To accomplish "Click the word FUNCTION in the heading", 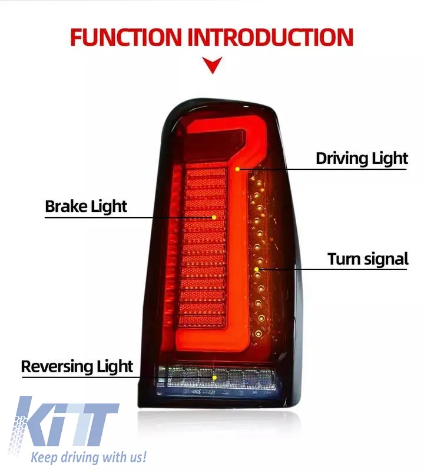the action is click(125, 37).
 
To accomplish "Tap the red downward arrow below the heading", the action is click(213, 65).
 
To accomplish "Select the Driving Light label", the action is click(362, 159).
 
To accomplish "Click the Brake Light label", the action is click(86, 207).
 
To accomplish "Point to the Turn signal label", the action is click(368, 260).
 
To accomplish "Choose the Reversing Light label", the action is click(77, 367).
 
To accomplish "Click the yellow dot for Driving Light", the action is click(237, 169).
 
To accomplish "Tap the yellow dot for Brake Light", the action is click(214, 217).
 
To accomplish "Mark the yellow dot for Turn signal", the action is click(256, 269).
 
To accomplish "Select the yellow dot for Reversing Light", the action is click(214, 378).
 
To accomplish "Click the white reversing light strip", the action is click(216, 376).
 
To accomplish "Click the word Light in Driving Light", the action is click(390, 159).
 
